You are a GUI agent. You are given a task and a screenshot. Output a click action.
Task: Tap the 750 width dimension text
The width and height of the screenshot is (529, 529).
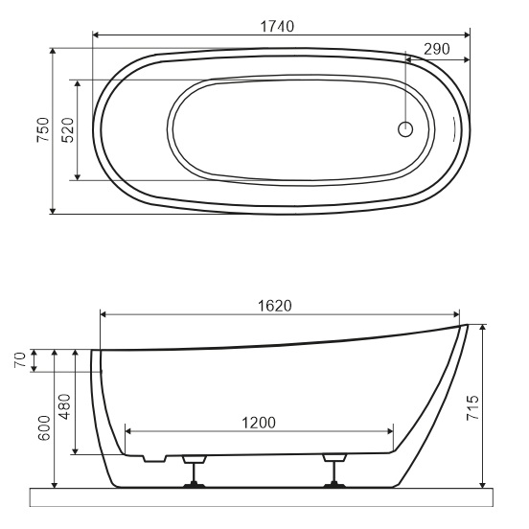[x=42, y=130]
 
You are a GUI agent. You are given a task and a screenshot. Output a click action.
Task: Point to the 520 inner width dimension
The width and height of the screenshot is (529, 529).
[x=67, y=130]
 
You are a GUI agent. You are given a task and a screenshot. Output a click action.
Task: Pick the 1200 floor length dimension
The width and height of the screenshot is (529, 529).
[x=258, y=423]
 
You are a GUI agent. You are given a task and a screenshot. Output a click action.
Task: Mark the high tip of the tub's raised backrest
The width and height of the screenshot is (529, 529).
[x=465, y=327]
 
